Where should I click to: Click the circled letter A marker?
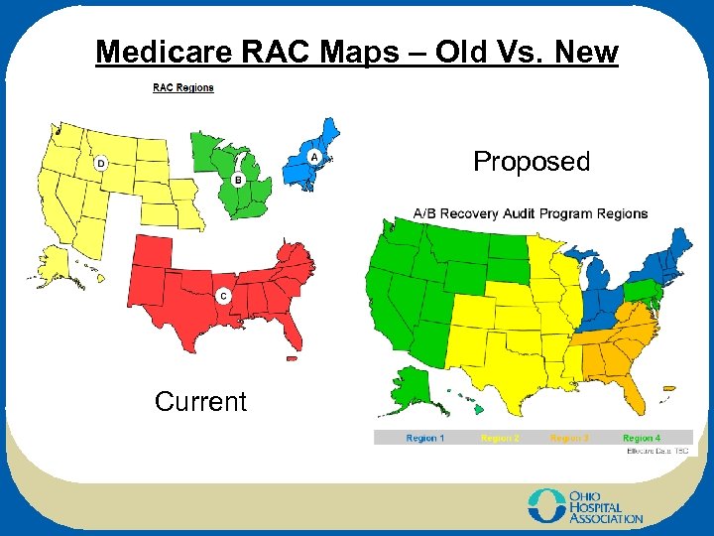pyautogui.click(x=314, y=157)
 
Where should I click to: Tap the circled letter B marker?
pyautogui.click(x=238, y=180)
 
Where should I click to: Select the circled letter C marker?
pyautogui.click(x=223, y=296)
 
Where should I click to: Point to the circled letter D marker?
pyautogui.click(x=100, y=163)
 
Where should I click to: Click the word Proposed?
pyautogui.click(x=532, y=162)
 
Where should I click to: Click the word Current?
pyautogui.click(x=200, y=402)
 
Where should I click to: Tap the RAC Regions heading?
pyautogui.click(x=182, y=87)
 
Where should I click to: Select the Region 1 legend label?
pyautogui.click(x=425, y=438)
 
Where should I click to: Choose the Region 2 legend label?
pyautogui.click(x=498, y=438)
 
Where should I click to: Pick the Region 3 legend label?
pyautogui.click(x=570, y=438)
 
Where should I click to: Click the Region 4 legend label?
pyautogui.click(x=642, y=438)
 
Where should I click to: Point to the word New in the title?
pyautogui.click(x=586, y=52)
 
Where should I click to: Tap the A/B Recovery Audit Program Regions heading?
pyautogui.click(x=530, y=213)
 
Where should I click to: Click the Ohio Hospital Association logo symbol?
pyautogui.click(x=544, y=504)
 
